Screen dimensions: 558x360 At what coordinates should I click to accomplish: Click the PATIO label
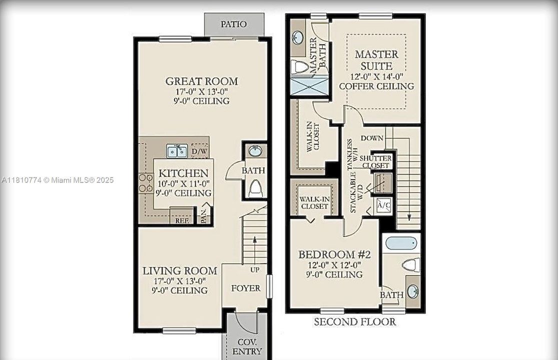233,24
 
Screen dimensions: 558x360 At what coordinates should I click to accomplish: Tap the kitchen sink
177,151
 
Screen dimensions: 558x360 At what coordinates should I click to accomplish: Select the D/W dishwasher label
199,151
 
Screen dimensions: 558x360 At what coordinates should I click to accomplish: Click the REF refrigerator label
182,221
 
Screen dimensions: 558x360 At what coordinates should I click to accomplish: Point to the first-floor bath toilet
255,188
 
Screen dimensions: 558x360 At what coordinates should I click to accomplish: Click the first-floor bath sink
255,151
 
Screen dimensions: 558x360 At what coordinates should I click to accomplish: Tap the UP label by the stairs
255,269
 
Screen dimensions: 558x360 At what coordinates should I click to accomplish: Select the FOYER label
246,288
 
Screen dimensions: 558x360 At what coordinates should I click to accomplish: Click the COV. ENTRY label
247,347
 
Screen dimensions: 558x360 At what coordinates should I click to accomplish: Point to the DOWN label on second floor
372,138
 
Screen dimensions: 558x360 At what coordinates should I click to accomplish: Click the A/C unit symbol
384,205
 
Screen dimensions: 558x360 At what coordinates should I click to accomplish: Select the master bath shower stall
309,86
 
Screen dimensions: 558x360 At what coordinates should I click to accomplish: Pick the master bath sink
297,36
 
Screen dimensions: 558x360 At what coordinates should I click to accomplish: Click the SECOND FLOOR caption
355,322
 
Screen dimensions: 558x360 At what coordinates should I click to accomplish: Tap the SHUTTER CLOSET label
376,161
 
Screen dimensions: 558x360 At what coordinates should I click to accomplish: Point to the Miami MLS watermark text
58,180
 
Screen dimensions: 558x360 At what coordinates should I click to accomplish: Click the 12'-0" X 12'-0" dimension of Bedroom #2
334,265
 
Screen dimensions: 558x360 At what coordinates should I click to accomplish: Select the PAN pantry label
204,216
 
